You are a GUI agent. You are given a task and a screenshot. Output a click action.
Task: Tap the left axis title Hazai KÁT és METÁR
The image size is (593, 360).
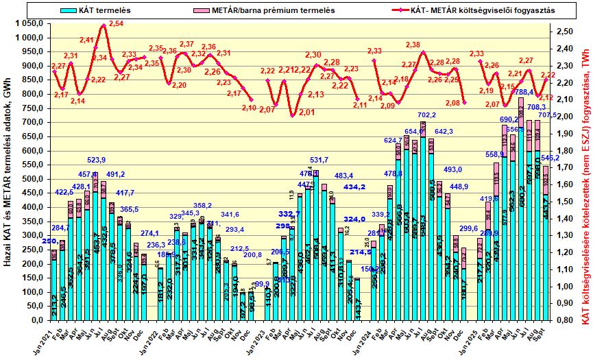(8, 171)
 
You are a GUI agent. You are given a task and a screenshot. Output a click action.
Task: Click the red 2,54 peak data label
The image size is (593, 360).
(116, 24)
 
